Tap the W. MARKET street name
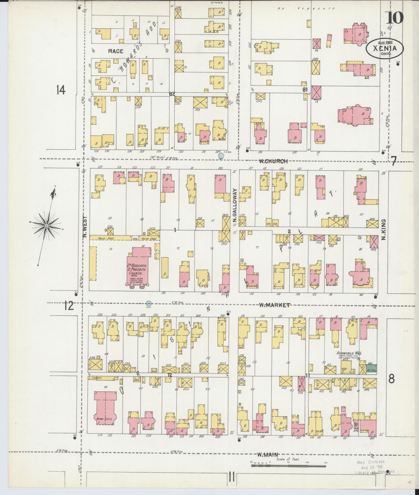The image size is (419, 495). (x=274, y=305)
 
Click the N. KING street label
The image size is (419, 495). (x=383, y=230)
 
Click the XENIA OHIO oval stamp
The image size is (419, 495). (x=385, y=48)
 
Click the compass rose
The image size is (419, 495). (x=47, y=225)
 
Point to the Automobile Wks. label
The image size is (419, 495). (x=349, y=353)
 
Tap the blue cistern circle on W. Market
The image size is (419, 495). (x=149, y=303)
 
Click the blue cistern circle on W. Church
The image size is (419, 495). (x=221, y=155)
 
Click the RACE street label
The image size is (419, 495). (x=116, y=51)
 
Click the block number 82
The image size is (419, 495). (x=172, y=94)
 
